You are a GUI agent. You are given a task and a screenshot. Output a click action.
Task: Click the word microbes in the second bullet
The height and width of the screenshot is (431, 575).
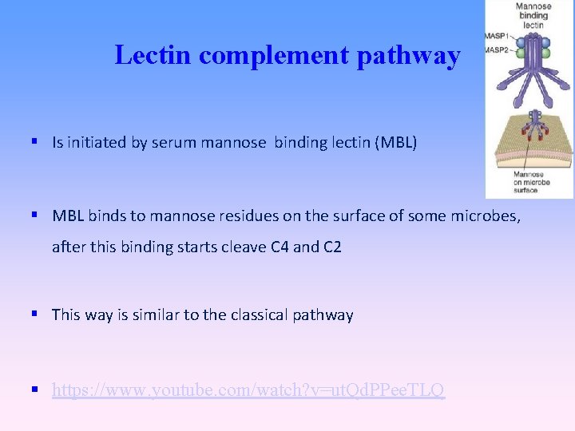(x=489, y=216)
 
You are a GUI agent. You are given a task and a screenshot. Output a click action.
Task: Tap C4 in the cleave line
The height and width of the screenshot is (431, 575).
(x=280, y=247)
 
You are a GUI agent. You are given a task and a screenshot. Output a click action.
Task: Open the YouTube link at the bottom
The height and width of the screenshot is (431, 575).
(x=248, y=391)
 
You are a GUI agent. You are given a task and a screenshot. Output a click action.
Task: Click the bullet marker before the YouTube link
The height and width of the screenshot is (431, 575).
(x=36, y=390)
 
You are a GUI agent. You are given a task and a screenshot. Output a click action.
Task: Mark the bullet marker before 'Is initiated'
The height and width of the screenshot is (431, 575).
(x=36, y=142)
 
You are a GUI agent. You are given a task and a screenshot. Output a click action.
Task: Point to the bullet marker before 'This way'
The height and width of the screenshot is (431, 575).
(x=36, y=314)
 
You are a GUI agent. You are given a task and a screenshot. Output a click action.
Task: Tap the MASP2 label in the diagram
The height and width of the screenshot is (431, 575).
(x=496, y=50)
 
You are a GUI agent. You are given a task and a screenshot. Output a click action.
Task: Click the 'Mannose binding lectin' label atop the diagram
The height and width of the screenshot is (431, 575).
(x=533, y=15)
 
